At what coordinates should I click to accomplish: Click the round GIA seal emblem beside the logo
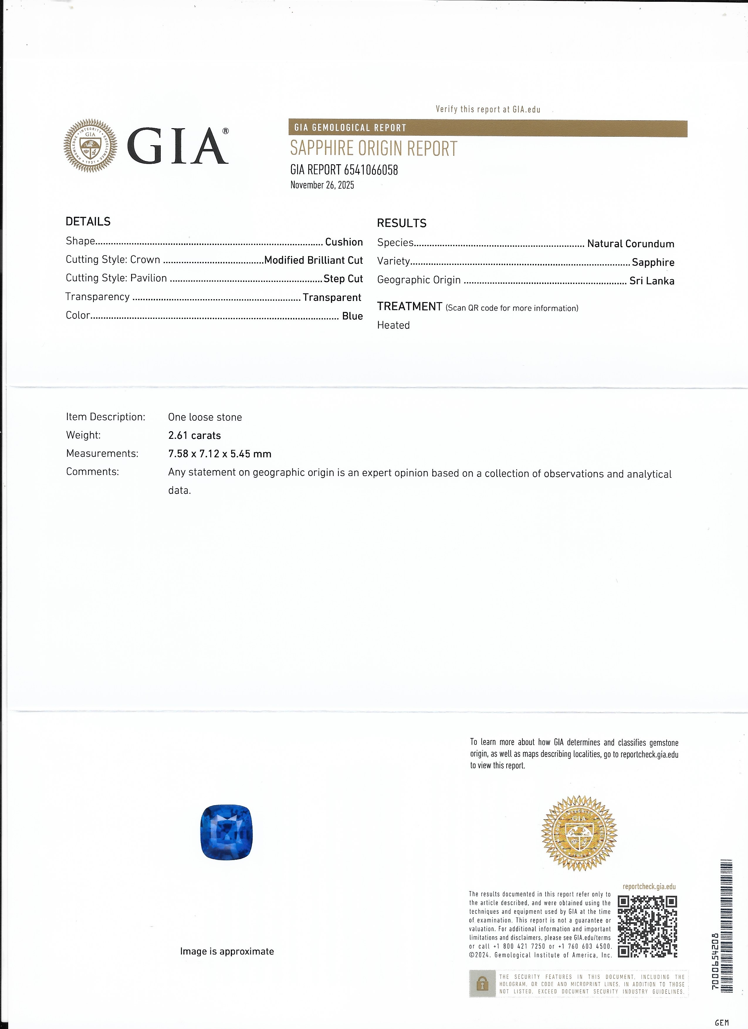(x=90, y=146)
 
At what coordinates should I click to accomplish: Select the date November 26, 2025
(x=322, y=185)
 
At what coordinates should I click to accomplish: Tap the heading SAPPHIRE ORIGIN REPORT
(x=374, y=149)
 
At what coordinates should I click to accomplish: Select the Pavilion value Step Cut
(x=343, y=279)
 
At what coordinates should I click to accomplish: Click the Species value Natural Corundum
(x=630, y=244)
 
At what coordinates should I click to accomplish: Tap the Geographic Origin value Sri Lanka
(x=651, y=281)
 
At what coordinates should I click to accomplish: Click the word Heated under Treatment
(x=393, y=325)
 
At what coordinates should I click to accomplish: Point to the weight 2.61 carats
(x=194, y=436)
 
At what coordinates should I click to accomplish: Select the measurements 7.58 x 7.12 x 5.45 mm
(x=219, y=454)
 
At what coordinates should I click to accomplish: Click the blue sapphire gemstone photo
(x=226, y=832)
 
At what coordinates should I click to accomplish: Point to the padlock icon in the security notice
(x=482, y=984)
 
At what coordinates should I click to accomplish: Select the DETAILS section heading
(x=88, y=222)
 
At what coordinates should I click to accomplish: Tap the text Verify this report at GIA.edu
(x=488, y=109)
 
